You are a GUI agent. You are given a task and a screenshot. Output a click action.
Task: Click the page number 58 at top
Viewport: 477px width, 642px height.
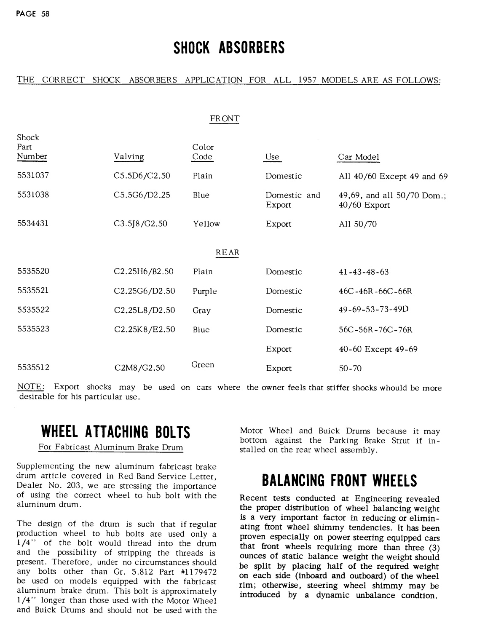tap(45, 13)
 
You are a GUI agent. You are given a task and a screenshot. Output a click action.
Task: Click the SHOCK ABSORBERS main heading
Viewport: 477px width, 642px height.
tap(229, 48)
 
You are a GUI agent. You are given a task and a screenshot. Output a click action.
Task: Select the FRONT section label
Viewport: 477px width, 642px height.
tap(225, 119)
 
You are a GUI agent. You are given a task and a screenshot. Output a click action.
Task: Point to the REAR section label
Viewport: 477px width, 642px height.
tap(227, 253)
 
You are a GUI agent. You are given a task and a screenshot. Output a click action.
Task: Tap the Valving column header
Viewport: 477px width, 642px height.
tap(129, 157)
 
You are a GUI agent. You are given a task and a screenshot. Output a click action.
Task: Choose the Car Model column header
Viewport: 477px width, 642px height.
tap(359, 157)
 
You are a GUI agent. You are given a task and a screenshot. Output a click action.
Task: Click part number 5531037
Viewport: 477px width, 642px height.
tap(33, 176)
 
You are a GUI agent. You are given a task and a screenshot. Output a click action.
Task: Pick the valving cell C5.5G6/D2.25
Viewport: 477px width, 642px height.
tap(142, 195)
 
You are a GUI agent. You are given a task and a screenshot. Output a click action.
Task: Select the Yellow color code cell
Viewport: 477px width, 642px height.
tap(206, 224)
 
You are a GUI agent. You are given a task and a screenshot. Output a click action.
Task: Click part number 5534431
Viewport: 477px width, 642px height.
tap(33, 224)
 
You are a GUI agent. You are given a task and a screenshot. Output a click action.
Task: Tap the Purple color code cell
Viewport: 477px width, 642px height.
tap(205, 291)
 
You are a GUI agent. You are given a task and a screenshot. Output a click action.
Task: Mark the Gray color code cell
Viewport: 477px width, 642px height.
tap(201, 310)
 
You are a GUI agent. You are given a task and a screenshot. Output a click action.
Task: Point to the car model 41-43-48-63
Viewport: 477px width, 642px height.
tap(364, 272)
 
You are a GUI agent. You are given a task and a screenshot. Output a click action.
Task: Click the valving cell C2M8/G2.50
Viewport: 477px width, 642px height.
tap(139, 368)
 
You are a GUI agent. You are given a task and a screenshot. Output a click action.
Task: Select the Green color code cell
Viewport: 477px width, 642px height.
tap(203, 365)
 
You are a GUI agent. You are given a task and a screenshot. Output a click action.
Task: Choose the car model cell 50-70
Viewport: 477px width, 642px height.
tap(350, 368)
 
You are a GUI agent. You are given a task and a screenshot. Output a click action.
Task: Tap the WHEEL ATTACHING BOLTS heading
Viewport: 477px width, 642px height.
tap(116, 432)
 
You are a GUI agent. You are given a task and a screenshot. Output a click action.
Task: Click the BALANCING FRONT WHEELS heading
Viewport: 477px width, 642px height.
tap(339, 481)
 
